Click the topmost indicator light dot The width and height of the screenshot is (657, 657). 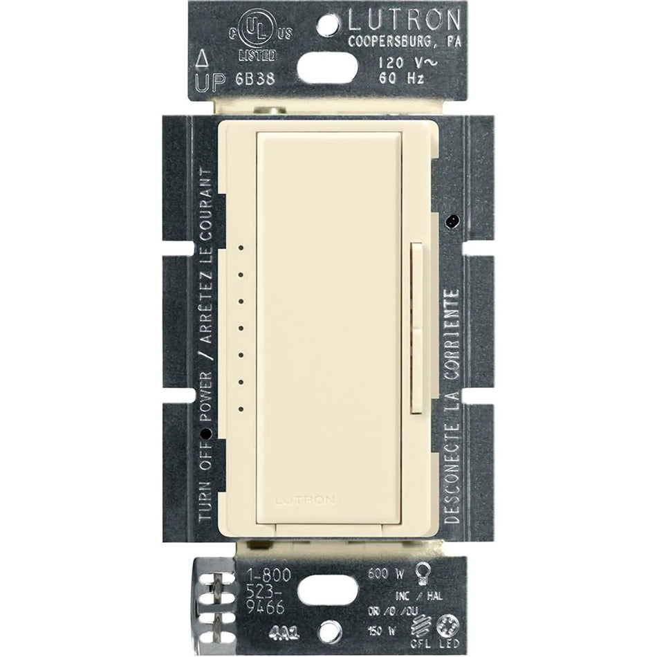click(241, 246)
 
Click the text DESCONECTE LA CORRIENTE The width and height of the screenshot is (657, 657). click(452, 407)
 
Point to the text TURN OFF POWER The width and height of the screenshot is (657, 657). click(206, 470)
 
